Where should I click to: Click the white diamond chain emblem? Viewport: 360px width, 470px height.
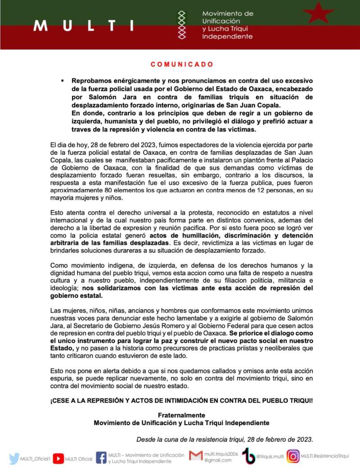click(182, 25)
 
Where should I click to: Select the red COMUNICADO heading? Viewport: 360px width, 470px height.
click(182, 64)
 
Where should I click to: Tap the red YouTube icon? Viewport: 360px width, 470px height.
click(58, 458)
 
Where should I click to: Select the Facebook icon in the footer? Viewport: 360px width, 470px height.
click(101, 458)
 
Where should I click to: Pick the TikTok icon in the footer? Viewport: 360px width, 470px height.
click(249, 456)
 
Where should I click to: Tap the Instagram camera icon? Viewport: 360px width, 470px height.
click(293, 456)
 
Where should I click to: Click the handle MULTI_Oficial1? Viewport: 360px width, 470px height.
click(35, 459)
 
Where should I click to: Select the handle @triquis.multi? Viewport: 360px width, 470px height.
click(270, 456)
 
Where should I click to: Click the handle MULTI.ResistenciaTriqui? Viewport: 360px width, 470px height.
click(324, 456)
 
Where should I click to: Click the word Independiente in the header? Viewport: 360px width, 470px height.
click(227, 36)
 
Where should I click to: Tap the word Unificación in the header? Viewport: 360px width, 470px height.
click(221, 21)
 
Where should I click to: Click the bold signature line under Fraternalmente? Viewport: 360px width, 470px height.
click(181, 423)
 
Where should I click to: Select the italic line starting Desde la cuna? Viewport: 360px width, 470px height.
click(225, 439)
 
